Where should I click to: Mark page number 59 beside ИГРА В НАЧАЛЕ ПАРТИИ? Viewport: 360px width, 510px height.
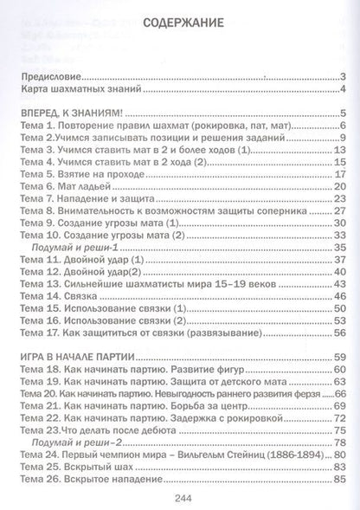339,332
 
